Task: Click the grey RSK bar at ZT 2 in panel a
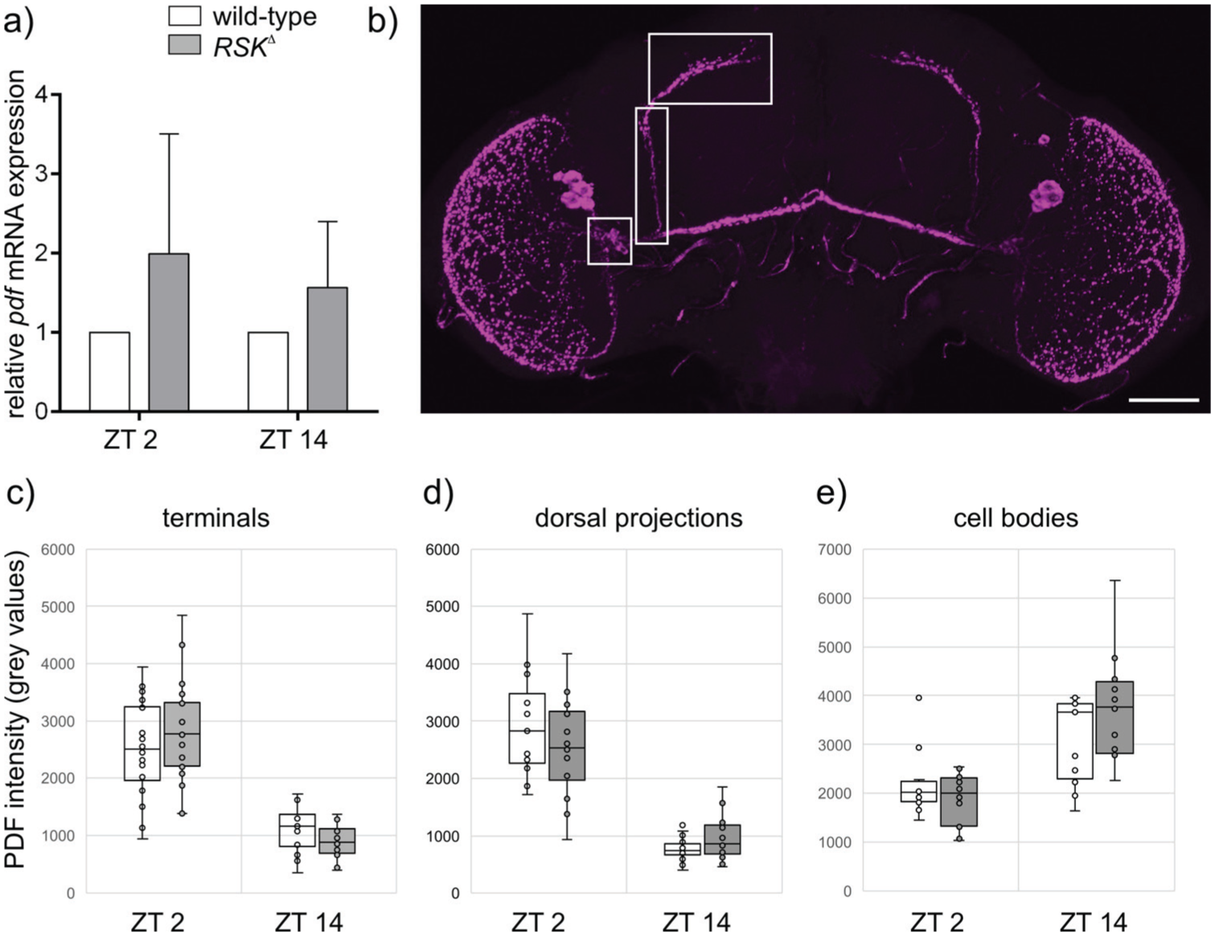coord(168,333)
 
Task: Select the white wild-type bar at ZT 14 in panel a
coord(269,372)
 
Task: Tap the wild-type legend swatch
coord(184,16)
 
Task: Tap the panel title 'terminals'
coord(216,518)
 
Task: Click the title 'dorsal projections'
coord(639,519)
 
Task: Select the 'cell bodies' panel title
coord(1016,518)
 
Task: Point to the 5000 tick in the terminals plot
coord(58,607)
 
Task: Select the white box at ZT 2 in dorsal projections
coord(527,728)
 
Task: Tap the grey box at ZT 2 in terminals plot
coord(182,734)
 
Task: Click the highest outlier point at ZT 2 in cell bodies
coord(918,697)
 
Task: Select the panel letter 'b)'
coord(383,22)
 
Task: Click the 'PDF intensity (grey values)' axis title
coord(15,709)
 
